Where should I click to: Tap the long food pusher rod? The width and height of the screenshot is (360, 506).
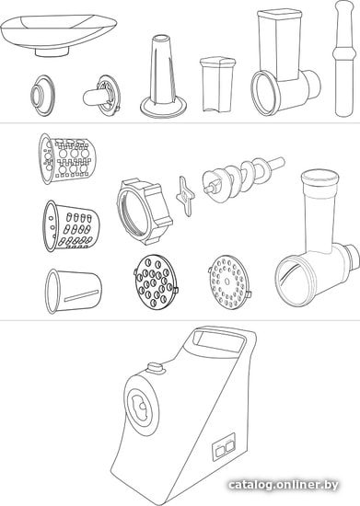point(344,58)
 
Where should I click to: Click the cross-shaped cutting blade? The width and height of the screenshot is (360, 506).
point(185,195)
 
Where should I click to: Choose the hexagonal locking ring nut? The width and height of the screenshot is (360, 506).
point(144,212)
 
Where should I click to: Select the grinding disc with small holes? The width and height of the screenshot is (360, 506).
point(230,282)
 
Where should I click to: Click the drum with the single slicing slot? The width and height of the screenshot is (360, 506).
point(73,291)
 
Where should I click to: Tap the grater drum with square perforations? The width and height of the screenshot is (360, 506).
point(67,158)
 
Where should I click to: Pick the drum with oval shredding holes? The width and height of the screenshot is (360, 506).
point(71,226)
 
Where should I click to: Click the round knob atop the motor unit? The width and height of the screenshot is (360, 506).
point(156,368)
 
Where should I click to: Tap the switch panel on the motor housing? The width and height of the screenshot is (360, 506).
point(224,447)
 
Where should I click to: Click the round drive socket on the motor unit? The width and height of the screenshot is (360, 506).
point(141,408)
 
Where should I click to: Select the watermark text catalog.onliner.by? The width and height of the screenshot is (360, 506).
point(284,485)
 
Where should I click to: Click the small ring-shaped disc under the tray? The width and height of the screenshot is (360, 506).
point(42,95)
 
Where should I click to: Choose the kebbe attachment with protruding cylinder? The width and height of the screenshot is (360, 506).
point(102,96)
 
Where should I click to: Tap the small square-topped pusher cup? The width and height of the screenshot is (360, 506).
point(217,85)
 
